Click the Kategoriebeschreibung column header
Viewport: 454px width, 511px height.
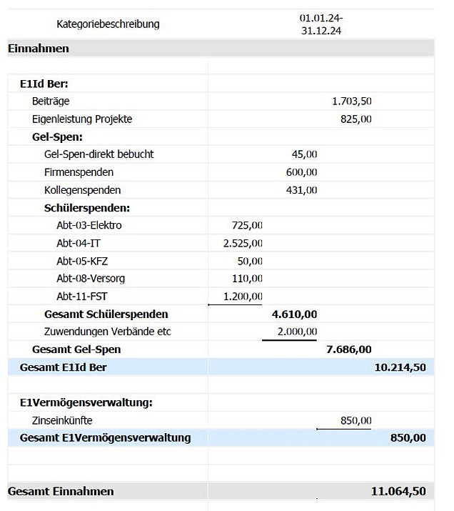[x=108, y=24]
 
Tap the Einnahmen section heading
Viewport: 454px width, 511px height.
[x=39, y=49]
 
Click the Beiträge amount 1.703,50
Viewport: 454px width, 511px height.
[x=351, y=101]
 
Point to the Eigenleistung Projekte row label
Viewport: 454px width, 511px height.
[x=82, y=119]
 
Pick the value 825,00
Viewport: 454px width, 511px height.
[x=355, y=119]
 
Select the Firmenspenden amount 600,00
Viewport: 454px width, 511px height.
[x=301, y=172]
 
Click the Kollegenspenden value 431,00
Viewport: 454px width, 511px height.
[x=301, y=190]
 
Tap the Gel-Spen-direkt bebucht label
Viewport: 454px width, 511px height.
[x=99, y=154]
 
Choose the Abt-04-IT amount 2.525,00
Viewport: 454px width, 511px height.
[x=243, y=243]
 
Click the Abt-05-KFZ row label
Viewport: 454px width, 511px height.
[x=81, y=261]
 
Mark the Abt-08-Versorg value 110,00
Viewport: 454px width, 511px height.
[x=247, y=278]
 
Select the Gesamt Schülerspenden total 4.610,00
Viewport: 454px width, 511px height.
[x=295, y=314]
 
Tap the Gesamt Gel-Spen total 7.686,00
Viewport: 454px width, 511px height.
[x=348, y=349]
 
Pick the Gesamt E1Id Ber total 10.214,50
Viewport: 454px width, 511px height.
[x=400, y=367]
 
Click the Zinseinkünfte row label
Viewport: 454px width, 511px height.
[x=62, y=420]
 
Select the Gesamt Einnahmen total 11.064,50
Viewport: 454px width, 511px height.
[x=398, y=492]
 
